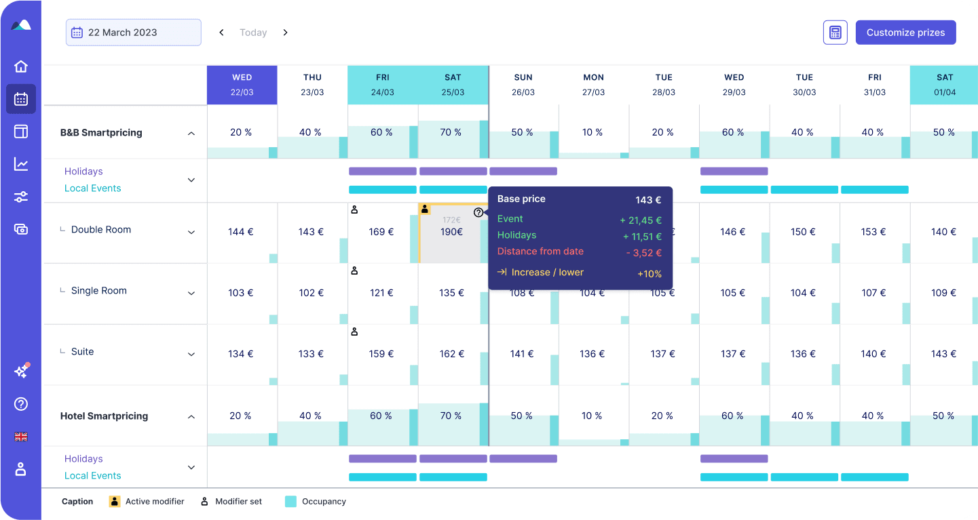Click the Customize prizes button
coord(905,33)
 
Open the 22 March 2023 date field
coord(133,33)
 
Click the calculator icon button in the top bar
coord(835,33)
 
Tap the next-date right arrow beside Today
coord(285,33)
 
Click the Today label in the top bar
coord(253,33)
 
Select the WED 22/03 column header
coord(242,85)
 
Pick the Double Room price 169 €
coord(381,232)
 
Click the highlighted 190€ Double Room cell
coord(451,232)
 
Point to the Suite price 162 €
coord(452,354)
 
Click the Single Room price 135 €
coord(452,293)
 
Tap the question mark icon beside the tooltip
coord(478,212)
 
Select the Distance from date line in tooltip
coord(540,252)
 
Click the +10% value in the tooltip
coord(649,274)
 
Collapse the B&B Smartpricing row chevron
coord(191,134)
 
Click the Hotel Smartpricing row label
coord(104,416)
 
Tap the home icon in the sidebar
coord(21,66)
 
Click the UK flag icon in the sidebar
coord(21,437)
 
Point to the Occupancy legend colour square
coord(290,502)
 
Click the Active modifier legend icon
coord(115,502)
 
